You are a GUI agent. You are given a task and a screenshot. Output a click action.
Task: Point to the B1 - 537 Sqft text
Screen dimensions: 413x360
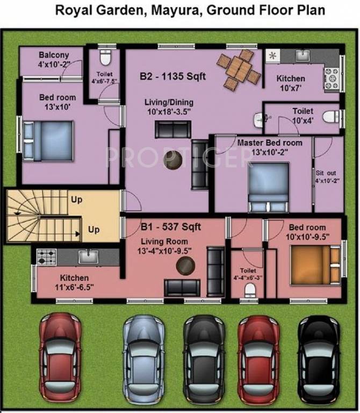click(171, 227)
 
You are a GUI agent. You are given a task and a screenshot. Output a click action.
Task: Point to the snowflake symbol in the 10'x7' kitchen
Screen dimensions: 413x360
click(272, 55)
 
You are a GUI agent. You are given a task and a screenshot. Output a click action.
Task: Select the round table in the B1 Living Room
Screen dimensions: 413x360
click(186, 265)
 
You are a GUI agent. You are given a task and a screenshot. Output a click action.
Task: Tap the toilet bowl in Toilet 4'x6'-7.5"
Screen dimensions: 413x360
click(105, 57)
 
